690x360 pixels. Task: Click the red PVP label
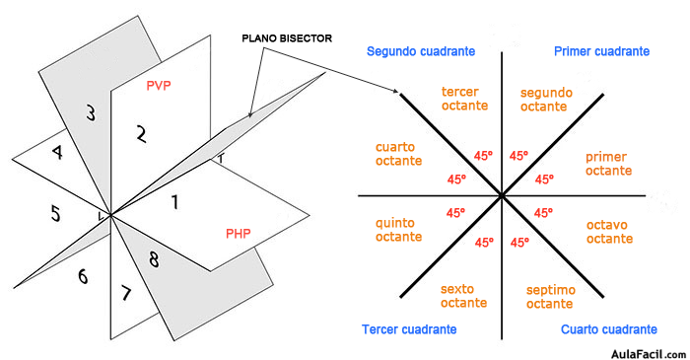[x=159, y=86]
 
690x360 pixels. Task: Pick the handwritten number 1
[x=174, y=203]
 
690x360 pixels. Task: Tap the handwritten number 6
[x=83, y=277]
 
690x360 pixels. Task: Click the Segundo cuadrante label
[x=421, y=51]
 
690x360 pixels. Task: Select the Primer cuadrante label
[x=601, y=51]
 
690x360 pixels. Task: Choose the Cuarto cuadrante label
[x=609, y=329]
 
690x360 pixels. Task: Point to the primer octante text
[x=607, y=164]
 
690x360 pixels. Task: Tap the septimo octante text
[x=550, y=296]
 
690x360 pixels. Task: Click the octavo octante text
[x=609, y=232]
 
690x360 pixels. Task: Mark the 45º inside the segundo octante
[x=518, y=156]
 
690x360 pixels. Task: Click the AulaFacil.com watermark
[x=641, y=350]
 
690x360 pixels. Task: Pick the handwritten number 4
[x=57, y=154]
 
